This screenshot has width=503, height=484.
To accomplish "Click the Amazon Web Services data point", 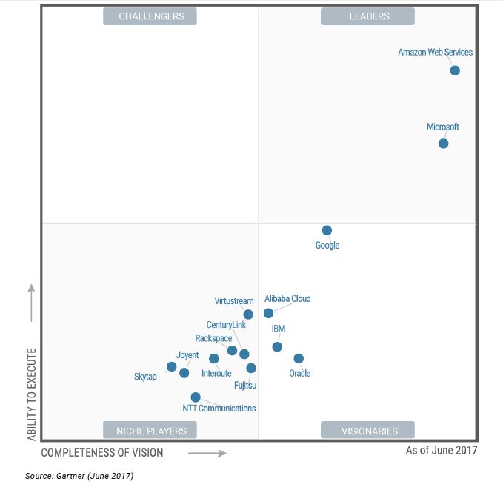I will pyautogui.click(x=455, y=70).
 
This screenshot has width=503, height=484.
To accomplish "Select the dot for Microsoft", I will pyautogui.click(x=443, y=143).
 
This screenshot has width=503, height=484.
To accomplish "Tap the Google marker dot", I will pyautogui.click(x=327, y=230).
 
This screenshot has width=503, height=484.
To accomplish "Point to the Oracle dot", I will pyautogui.click(x=299, y=358).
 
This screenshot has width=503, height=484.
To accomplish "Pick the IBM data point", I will pyautogui.click(x=277, y=346).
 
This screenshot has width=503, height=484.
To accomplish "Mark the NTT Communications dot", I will pyautogui.click(x=196, y=397).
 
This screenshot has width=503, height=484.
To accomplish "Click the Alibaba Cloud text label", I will pyautogui.click(x=287, y=299).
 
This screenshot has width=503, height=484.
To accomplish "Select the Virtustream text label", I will pyautogui.click(x=234, y=301).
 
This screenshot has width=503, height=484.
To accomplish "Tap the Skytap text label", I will pyautogui.click(x=145, y=377).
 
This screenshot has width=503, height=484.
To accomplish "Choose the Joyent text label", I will pyautogui.click(x=187, y=355).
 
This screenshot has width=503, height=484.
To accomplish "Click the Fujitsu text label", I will pyautogui.click(x=244, y=385).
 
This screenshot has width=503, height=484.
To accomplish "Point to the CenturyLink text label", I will pyautogui.click(x=226, y=325).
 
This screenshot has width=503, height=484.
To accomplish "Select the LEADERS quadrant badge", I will pyautogui.click(x=367, y=16).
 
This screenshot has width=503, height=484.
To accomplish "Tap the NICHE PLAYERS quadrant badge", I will pyautogui.click(x=150, y=431).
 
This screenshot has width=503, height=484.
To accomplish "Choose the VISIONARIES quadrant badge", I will pyautogui.click(x=367, y=431).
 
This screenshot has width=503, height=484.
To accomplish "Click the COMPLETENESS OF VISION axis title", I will pyautogui.click(x=102, y=452).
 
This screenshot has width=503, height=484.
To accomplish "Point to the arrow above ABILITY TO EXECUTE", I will pyautogui.click(x=31, y=302).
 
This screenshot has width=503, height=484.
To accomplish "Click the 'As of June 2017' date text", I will pyautogui.click(x=442, y=450).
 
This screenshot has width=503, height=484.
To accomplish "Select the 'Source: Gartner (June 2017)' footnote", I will pyautogui.click(x=79, y=475).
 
